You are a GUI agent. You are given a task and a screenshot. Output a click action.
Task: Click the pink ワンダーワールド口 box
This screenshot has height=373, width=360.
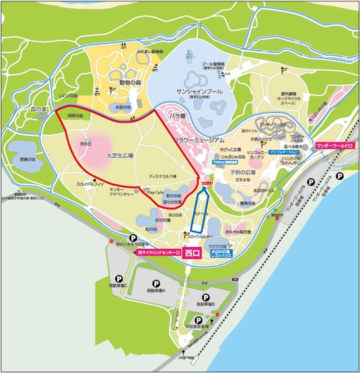[334, 144]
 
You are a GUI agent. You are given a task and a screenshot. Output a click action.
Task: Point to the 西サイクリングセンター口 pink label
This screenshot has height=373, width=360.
[159, 252]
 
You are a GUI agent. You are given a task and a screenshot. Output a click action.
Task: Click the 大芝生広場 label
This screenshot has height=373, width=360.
[120, 155]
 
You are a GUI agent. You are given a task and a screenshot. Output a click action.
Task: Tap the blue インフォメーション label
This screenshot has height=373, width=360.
[283, 153]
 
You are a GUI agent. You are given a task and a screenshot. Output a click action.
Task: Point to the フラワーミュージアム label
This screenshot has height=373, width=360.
[200, 139]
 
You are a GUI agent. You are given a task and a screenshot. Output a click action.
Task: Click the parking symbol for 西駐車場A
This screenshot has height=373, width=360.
[157, 283]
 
